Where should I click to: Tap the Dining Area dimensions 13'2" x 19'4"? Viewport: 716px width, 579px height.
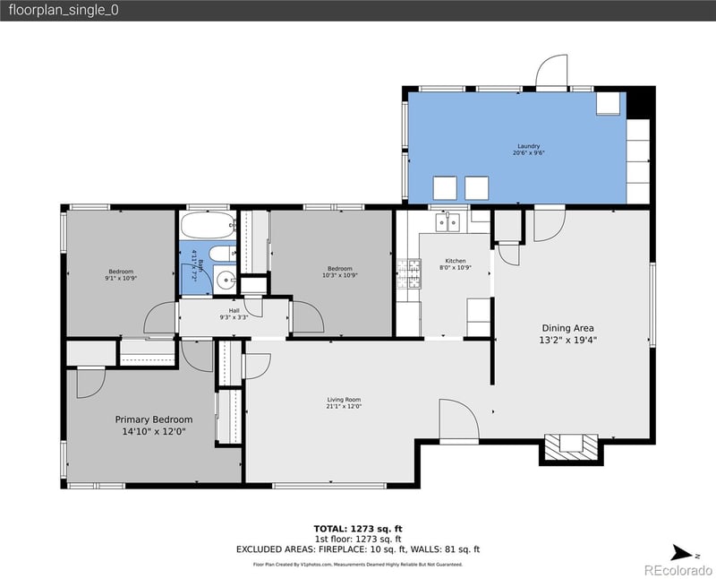pos(567,341)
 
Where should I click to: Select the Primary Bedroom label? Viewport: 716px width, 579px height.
pos(153,419)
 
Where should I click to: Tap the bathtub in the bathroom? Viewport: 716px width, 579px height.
pos(207,224)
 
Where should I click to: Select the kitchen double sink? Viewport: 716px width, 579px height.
pos(447,220)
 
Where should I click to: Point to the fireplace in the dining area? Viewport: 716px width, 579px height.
pos(568,445)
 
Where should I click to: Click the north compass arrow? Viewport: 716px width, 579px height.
pos(681,553)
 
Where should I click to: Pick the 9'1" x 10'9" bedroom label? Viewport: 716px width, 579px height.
pos(122,274)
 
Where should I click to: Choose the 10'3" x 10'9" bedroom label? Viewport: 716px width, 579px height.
pos(339,272)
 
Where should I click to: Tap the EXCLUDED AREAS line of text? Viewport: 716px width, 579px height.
pos(358,548)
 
